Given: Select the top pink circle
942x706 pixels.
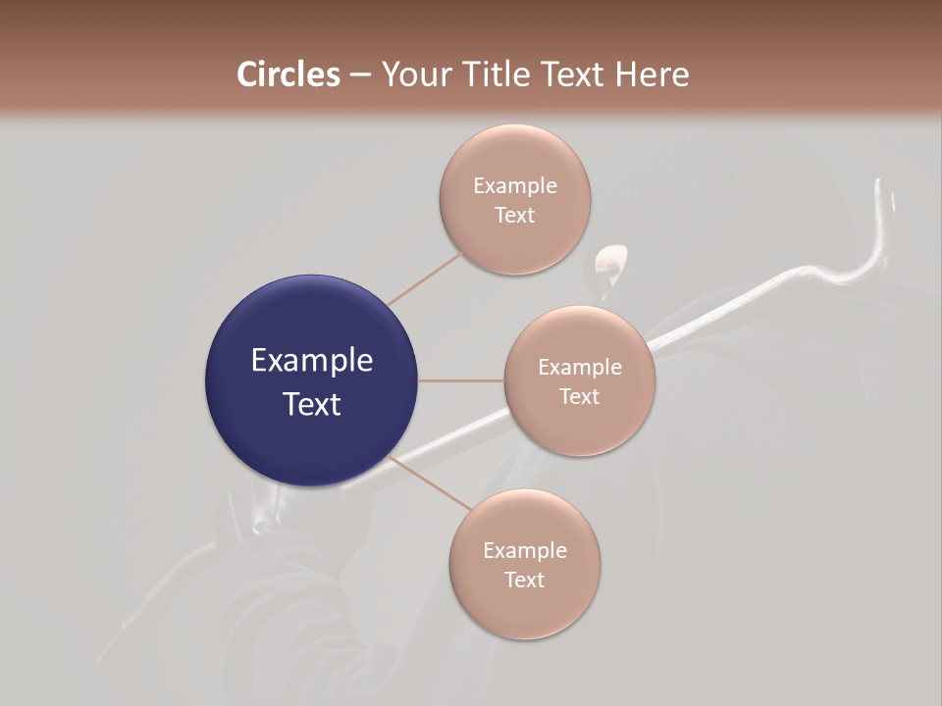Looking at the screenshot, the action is [514, 245].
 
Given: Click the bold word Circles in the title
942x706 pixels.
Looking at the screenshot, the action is [288, 75].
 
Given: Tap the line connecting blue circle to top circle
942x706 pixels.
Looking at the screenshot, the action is [424, 278].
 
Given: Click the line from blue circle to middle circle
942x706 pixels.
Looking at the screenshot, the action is [461, 380].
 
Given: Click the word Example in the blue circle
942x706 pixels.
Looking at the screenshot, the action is [312, 361].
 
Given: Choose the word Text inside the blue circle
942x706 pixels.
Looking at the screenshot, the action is [312, 404].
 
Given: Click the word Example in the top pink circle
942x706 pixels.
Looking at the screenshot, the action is [515, 186].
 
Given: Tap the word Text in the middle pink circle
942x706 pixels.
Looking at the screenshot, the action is [580, 397].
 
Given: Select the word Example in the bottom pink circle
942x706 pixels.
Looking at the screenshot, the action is [525, 551].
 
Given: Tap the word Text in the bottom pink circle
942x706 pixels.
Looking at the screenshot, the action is [525, 580].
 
